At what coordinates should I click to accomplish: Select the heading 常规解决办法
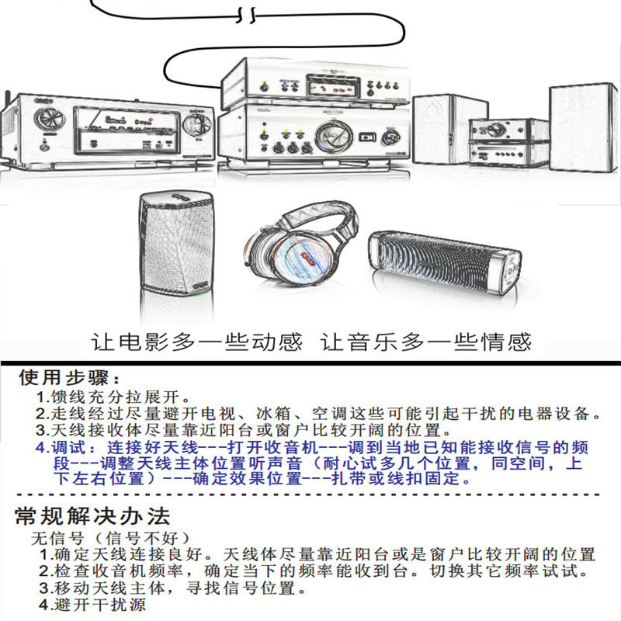pos(92,516)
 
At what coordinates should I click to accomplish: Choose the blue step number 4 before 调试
pos(40,448)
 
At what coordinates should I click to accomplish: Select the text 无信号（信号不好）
pos(109,537)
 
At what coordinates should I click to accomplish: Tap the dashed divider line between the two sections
pos(310,494)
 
